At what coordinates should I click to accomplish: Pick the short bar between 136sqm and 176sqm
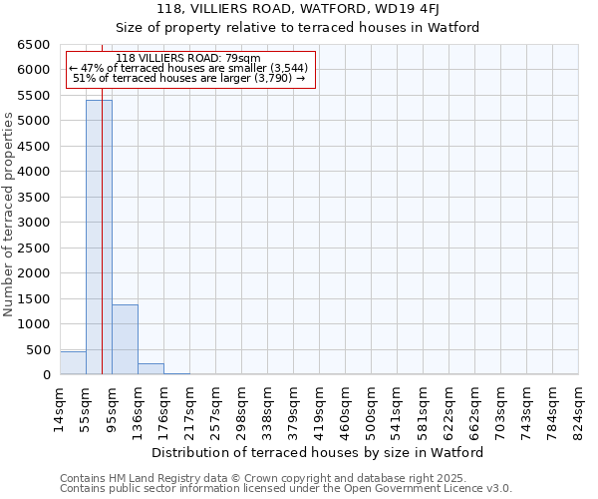(x=150, y=369)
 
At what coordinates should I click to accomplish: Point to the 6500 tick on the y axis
(x=33, y=45)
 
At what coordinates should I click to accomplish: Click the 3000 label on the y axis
(x=33, y=223)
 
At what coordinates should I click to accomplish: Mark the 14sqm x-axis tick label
(x=61, y=407)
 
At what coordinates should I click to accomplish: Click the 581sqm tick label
(x=424, y=407)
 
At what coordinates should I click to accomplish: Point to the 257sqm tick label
(x=216, y=407)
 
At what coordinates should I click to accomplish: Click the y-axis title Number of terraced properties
(x=10, y=215)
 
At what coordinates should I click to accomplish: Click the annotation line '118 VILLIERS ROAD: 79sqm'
(x=188, y=58)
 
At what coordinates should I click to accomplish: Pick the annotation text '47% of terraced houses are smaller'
(x=188, y=68)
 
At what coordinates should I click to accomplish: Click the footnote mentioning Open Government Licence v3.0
(x=286, y=489)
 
